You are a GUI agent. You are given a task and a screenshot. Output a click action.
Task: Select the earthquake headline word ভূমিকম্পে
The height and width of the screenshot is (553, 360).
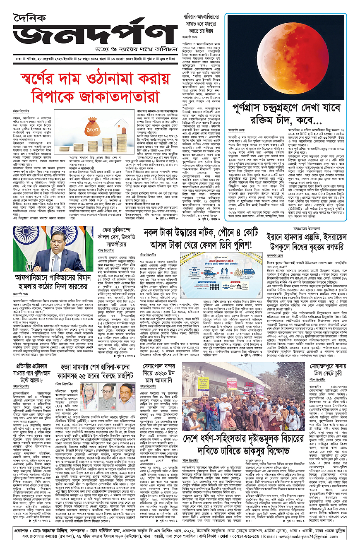click(111, 228)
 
